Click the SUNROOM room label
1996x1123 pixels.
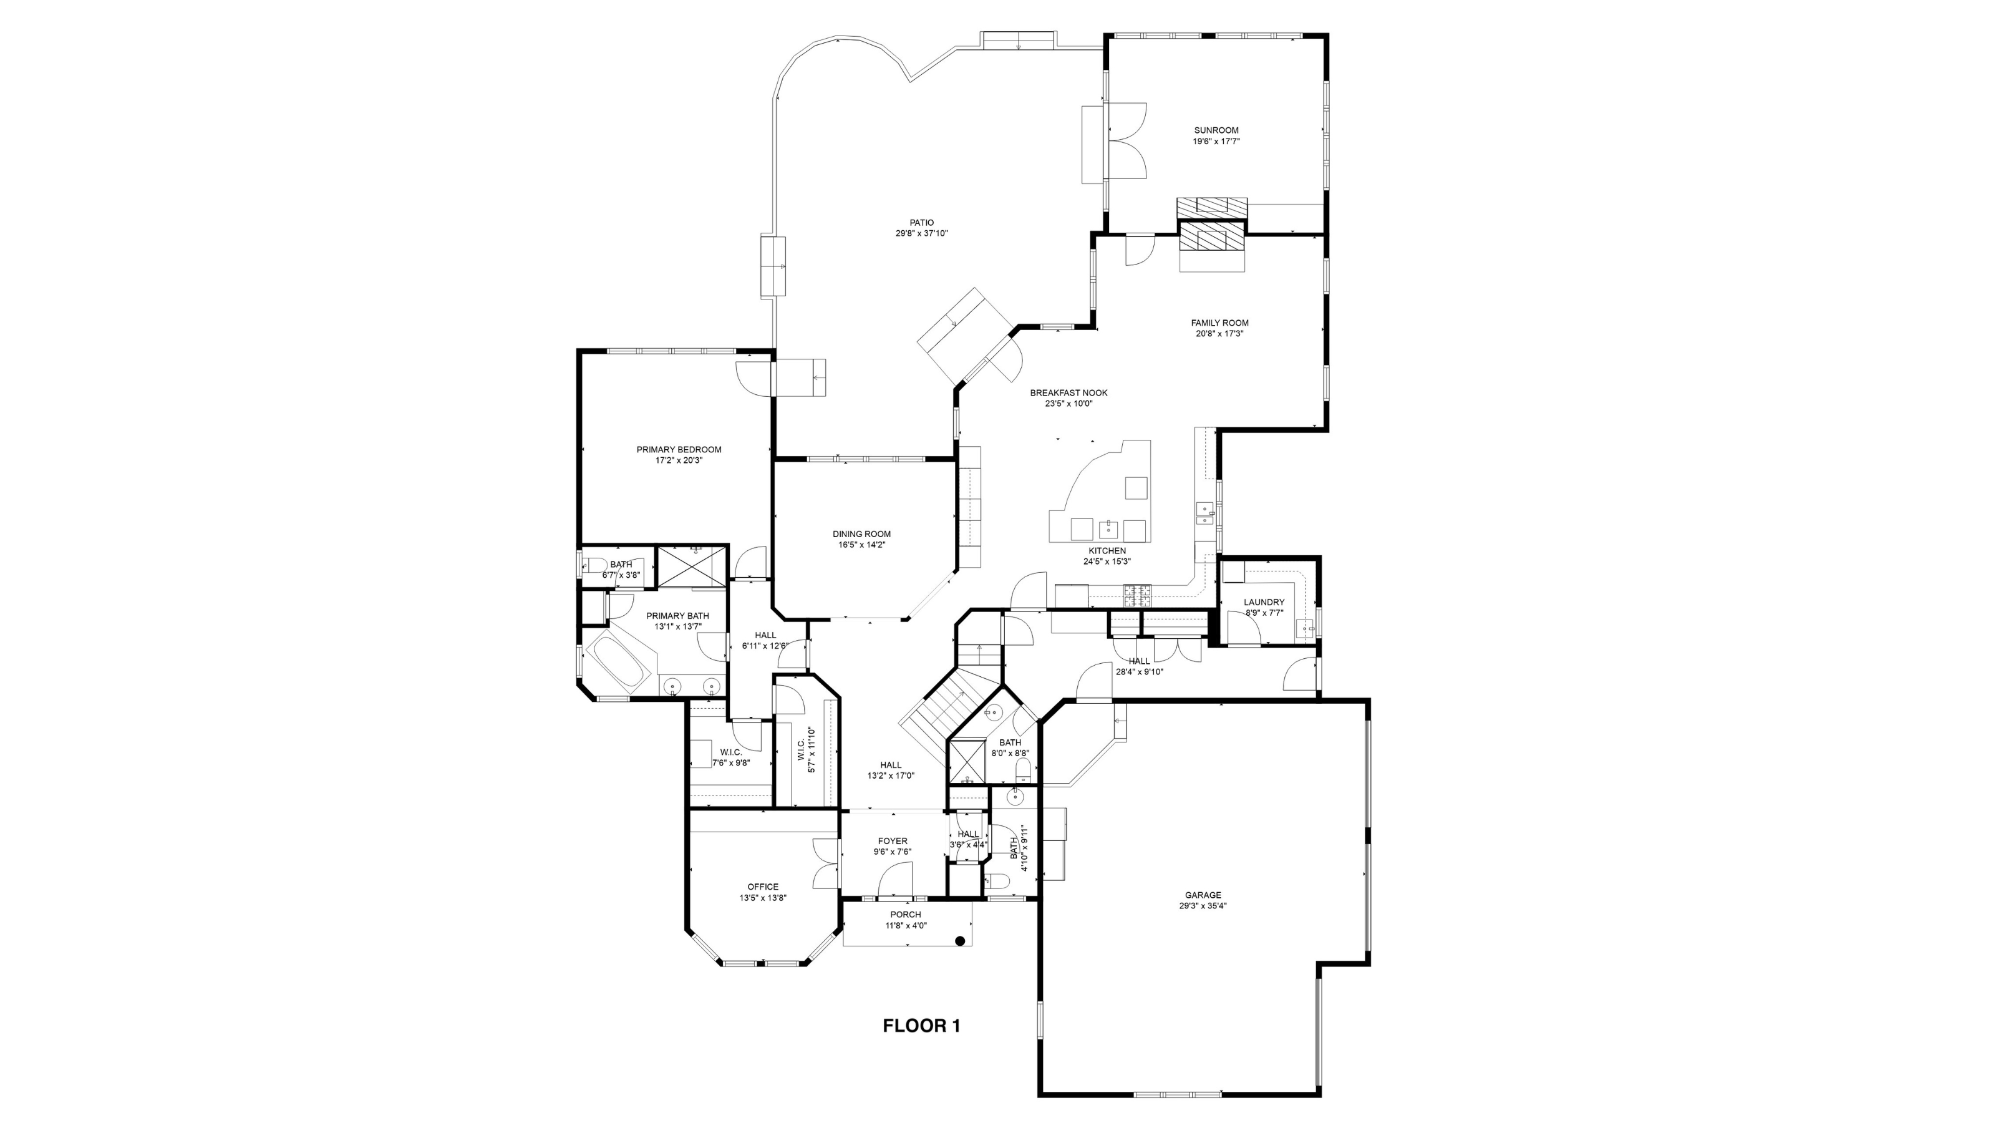1216,130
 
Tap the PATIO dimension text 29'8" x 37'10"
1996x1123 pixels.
921,233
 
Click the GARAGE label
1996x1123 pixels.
1203,895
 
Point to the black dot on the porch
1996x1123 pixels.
959,941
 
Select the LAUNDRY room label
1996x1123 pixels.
1264,602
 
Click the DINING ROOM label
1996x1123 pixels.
861,534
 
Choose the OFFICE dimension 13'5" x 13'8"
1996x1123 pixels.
762,898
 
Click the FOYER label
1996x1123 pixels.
893,841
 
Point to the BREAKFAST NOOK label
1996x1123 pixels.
1068,393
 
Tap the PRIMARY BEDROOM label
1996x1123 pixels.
679,449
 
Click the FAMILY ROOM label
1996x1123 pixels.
1219,323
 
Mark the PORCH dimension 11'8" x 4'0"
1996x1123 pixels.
906,925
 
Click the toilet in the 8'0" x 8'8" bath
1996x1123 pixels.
1024,770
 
